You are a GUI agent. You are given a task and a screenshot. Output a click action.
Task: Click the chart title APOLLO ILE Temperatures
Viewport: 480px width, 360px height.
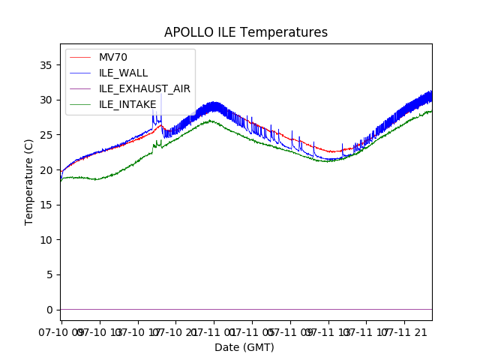coord(246,32)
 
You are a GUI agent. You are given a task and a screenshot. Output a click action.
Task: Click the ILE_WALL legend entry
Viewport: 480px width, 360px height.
coord(124,73)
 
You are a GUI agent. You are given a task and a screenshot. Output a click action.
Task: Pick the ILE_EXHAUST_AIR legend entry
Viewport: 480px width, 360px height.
coord(145,88)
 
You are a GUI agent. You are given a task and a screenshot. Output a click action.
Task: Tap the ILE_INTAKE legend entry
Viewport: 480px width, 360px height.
coord(127,104)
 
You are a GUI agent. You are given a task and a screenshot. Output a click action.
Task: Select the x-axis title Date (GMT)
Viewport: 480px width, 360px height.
coord(244,347)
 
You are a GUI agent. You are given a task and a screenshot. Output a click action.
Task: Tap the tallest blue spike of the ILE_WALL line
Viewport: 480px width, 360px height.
coord(160,95)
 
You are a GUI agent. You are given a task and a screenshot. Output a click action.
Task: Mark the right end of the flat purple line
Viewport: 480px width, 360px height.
coord(431,309)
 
